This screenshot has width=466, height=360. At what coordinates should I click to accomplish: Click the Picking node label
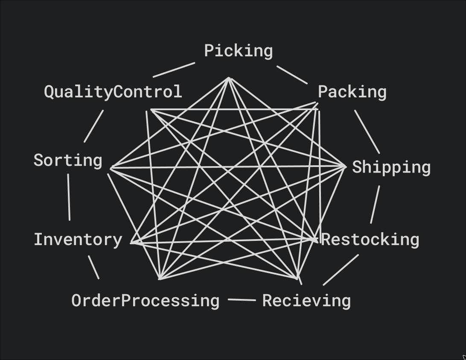point(238,51)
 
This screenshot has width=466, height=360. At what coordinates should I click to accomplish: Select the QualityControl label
point(113,92)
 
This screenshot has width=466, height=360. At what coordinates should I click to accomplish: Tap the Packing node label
point(352,92)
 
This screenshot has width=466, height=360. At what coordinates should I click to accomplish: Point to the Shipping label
point(391,167)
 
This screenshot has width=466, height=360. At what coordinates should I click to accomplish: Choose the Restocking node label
point(370,240)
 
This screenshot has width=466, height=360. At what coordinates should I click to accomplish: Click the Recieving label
point(306,301)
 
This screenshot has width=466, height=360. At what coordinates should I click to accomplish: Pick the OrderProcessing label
point(145,301)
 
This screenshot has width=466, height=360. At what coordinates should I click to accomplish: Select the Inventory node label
point(78,240)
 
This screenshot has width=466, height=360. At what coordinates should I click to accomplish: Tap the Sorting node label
point(68,161)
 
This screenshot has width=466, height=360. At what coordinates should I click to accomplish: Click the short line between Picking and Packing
point(292,75)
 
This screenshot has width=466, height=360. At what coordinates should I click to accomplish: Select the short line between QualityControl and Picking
point(174,70)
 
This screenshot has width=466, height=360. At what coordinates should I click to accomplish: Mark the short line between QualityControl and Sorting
point(93,126)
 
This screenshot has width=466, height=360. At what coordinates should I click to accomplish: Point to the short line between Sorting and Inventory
point(69,197)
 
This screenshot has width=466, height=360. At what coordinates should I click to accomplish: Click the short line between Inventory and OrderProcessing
point(93,267)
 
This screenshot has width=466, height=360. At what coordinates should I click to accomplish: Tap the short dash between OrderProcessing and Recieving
point(242,300)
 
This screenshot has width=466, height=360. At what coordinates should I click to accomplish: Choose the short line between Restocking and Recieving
point(341,269)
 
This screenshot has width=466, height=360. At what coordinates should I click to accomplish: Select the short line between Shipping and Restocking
point(375,204)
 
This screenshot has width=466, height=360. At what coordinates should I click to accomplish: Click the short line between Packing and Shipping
point(367,132)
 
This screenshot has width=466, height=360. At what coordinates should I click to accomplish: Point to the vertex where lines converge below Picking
point(229,79)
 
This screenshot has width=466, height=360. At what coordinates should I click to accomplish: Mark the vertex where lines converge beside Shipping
point(345,166)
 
